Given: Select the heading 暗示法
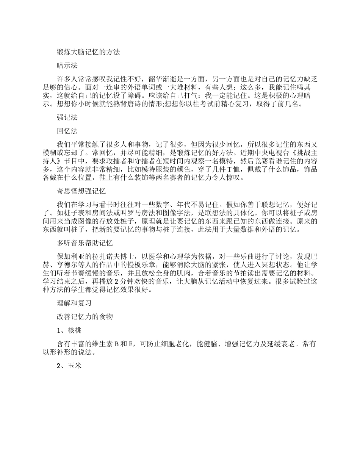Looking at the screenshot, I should point(67,66).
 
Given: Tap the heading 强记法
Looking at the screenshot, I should point(67,117).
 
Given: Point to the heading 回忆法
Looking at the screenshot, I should point(67,131).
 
